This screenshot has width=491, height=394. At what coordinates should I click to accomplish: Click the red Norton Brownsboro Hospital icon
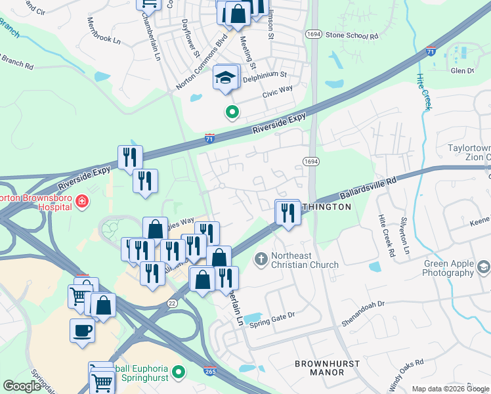click(x=82, y=200)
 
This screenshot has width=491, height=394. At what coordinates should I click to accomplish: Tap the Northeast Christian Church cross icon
click(x=261, y=259)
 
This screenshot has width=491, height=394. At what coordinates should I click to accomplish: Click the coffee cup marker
click(x=82, y=330)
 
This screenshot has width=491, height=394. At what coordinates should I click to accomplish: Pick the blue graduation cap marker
click(x=224, y=78)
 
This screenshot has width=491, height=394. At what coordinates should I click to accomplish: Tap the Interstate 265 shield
click(x=210, y=371)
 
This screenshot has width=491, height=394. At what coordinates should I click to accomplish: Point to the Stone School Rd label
click(x=352, y=35)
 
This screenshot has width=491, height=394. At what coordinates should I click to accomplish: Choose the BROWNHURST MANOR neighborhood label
click(x=319, y=368)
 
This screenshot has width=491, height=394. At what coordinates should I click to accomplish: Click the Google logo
click(x=22, y=386)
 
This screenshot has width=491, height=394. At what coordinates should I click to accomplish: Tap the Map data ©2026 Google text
click(x=450, y=389)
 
